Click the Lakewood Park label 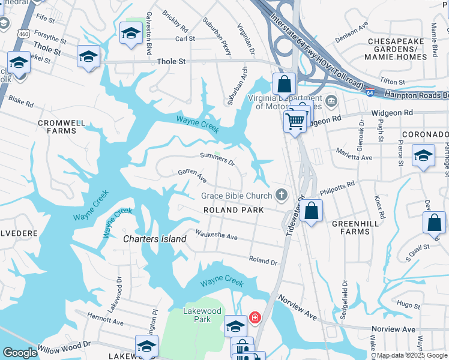pyautogui.click(x=202, y=315)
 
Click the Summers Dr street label pyautogui.click(x=217, y=159)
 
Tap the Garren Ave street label pyautogui.click(x=192, y=176)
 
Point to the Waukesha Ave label pyautogui.click(x=216, y=235)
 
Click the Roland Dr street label pyautogui.click(x=263, y=260)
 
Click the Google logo pyautogui.click(x=20, y=353)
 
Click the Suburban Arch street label pyautogui.click(x=237, y=86)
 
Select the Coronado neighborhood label pyautogui.click(x=425, y=134)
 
